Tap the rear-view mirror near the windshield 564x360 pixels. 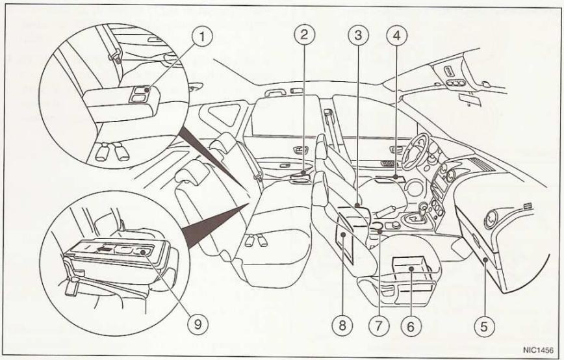click(x=464, y=99)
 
